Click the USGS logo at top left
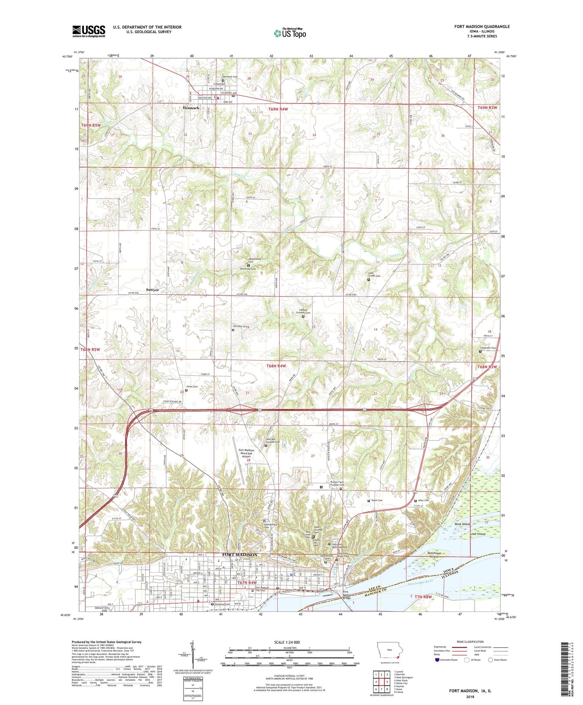pos(89,31)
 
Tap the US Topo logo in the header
pos(290,33)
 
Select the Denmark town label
pos(191,108)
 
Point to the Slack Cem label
pos(376,500)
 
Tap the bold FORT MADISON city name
pos(240,555)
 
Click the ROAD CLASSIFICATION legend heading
pos(470,642)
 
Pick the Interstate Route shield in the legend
pos(437,660)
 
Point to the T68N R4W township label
pos(276,366)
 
